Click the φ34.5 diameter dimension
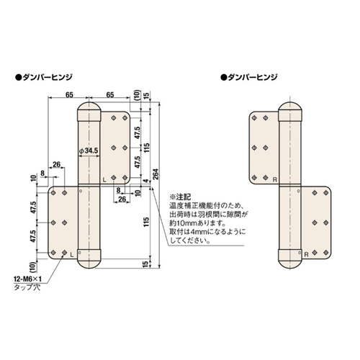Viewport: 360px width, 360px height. [x=90, y=151]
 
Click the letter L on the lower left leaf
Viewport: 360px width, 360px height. [x=72, y=254]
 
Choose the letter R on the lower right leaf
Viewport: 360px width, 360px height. [x=307, y=254]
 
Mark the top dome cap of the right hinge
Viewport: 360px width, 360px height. [x=291, y=112]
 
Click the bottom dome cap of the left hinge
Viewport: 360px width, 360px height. [x=88, y=257]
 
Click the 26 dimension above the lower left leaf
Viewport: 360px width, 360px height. [x=56, y=163]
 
